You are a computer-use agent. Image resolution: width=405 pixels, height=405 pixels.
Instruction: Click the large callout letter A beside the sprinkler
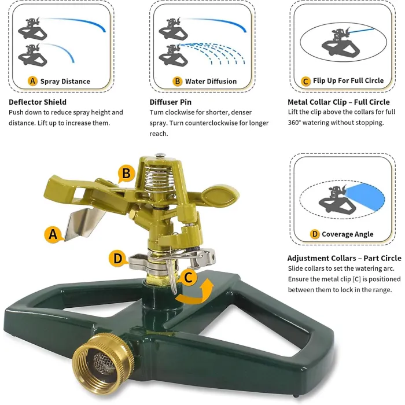tap(53, 234)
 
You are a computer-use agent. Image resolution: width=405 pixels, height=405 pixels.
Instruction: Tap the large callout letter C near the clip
tap(189, 277)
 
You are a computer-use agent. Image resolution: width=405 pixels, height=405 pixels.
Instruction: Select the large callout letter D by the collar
tap(118, 258)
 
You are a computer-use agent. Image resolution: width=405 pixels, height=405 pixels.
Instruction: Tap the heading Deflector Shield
tap(37, 102)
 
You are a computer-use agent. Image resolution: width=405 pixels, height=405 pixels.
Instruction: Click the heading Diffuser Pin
tap(170, 102)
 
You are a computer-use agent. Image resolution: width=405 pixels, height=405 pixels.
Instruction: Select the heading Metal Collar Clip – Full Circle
tap(338, 102)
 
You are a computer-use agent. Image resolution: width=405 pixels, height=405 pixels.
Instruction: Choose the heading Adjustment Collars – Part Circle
tap(344, 258)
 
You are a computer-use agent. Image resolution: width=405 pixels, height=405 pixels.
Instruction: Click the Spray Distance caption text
tap(65, 82)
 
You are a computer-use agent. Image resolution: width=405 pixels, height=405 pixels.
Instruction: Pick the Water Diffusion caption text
tap(211, 82)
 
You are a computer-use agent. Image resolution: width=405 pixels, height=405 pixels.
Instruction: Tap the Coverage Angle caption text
tap(348, 234)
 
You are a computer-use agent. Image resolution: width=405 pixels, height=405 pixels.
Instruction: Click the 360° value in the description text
tap(296, 123)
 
